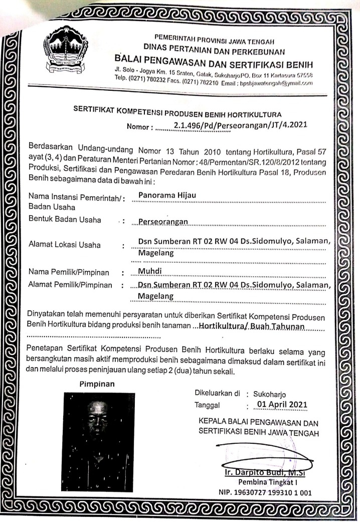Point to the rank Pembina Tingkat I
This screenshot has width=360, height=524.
272,482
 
